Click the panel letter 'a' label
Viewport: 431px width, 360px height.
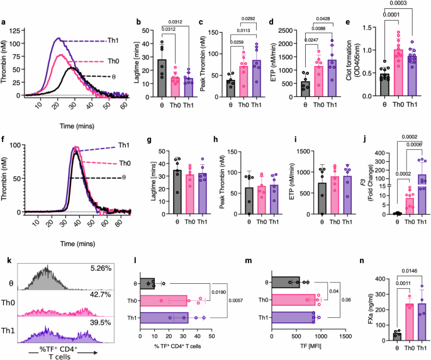pos(4,25)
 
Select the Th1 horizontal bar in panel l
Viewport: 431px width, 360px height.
pos(172,318)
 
